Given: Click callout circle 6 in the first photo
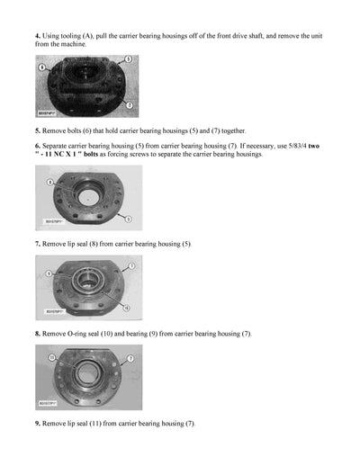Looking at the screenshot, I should pyautogui.click(x=41, y=67).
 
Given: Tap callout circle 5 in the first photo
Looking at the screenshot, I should pyautogui.click(x=129, y=58).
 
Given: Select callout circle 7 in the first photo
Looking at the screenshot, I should pyautogui.click(x=130, y=105).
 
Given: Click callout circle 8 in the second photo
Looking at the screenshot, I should pyautogui.click(x=51, y=183).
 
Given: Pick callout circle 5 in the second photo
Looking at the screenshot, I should pyautogui.click(x=130, y=219).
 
